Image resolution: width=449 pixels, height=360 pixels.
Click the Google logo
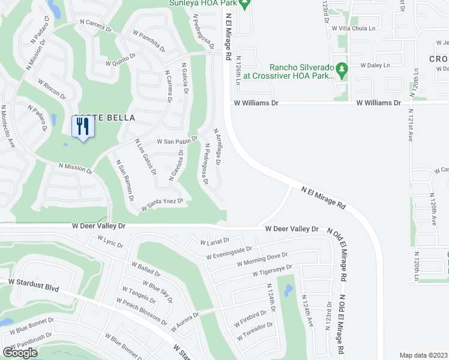click(x=20, y=352)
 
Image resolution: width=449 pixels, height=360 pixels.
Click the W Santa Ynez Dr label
click(x=162, y=205)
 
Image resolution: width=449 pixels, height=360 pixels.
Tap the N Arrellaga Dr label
click(x=218, y=146)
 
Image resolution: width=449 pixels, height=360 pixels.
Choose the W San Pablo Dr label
click(x=177, y=141)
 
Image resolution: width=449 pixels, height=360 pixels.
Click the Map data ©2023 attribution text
click(x=423, y=355)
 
